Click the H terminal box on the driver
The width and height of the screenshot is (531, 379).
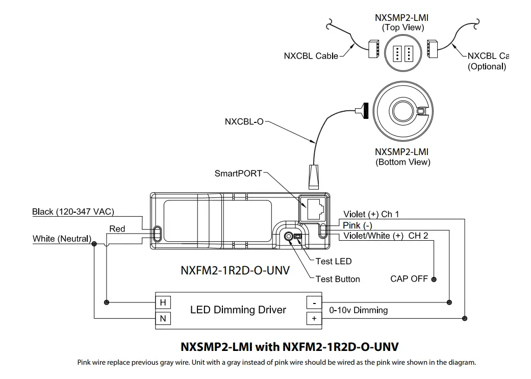click(163, 302)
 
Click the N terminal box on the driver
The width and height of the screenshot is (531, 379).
click(163, 318)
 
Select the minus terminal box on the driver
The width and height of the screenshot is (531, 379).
click(314, 302)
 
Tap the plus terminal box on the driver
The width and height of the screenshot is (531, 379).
click(314, 318)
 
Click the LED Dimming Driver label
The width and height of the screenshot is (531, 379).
click(238, 310)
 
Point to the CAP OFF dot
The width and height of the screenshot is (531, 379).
click(434, 279)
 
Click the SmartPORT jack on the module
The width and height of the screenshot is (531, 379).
click(313, 207)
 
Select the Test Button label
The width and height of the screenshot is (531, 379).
click(337, 279)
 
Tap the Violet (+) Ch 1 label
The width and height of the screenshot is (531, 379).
click(371, 214)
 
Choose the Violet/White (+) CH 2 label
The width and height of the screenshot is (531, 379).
click(385, 236)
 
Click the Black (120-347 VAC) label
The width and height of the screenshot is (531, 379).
click(72, 211)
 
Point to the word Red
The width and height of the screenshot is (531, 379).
click(117, 229)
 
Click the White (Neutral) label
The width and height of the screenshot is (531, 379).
click(62, 239)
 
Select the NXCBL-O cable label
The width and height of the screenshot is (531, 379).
click(244, 122)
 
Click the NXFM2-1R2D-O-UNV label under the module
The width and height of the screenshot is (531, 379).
click(235, 270)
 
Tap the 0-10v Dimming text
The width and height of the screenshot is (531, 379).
click(358, 310)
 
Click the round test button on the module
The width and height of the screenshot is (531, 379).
click(289, 237)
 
